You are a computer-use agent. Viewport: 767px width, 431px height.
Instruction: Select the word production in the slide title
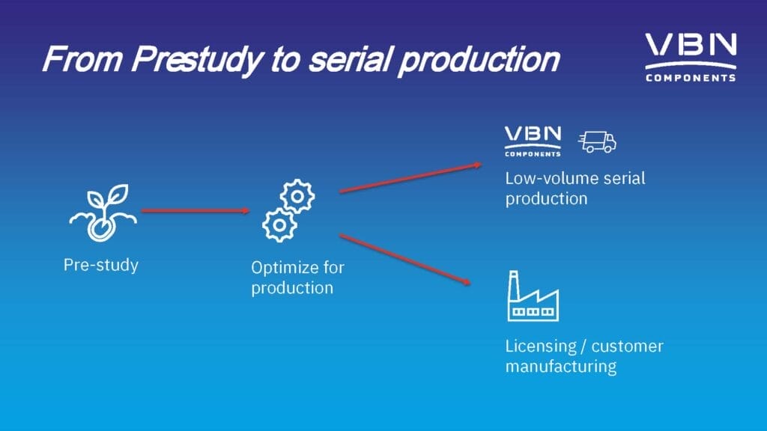click(479, 60)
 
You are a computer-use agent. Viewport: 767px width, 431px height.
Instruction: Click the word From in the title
click(83, 58)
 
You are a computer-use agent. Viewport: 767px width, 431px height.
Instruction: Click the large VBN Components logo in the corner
click(691, 57)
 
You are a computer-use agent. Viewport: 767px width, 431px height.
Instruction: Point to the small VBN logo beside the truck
click(533, 141)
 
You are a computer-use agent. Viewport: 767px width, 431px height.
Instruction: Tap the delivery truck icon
click(597, 141)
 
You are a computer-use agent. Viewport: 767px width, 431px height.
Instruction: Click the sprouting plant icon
click(103, 213)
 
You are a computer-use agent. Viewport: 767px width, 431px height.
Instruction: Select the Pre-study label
click(101, 265)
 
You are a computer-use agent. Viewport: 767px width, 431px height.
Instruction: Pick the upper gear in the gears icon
click(297, 197)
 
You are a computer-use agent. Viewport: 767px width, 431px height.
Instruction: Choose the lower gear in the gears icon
click(279, 224)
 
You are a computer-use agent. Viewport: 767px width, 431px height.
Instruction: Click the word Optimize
click(279, 269)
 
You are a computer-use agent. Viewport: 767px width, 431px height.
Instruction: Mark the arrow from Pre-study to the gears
click(195, 210)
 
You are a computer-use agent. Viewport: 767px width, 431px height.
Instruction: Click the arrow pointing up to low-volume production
click(410, 178)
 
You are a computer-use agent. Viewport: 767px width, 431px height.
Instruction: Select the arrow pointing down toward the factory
click(405, 259)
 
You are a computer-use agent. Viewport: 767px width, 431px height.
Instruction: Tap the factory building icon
click(533, 296)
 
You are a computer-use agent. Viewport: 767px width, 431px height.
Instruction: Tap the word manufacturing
click(561, 367)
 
